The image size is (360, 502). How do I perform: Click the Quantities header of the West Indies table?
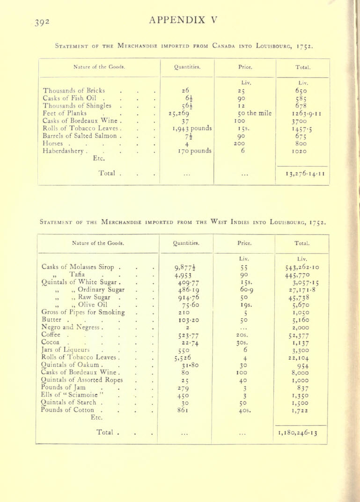pyautogui.click(x=184, y=242)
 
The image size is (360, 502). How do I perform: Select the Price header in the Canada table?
pyautogui.click(x=245, y=66)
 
